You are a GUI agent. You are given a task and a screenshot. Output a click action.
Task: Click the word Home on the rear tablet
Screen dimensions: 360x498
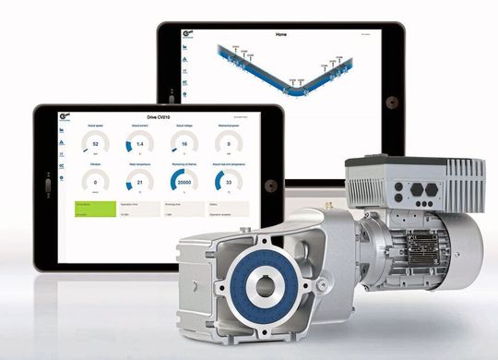(x=281, y=35)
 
